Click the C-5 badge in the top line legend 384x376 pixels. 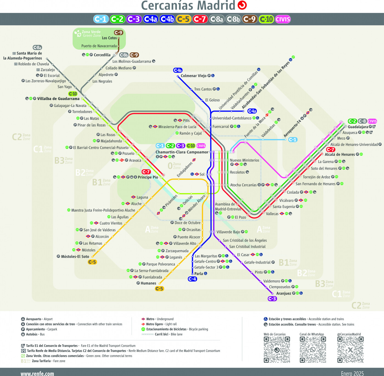tap(184, 19)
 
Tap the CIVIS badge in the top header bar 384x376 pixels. tap(283, 19)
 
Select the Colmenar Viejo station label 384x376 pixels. tap(194, 76)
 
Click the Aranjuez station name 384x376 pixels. tap(284, 293)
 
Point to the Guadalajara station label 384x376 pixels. tap(358, 127)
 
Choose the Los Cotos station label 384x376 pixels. tap(110, 38)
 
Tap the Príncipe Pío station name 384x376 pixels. tap(148, 177)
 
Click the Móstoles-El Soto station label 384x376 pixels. tap(75, 256)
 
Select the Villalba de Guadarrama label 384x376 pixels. tap(58, 98)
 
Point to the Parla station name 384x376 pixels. tap(198, 274)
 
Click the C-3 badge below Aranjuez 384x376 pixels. tap(272, 299)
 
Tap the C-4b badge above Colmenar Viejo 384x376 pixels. tap(178, 70)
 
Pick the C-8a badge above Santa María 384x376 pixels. tap(37, 48)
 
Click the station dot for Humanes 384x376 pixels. tap(159, 284)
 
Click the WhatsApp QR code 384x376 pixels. tap(313, 349)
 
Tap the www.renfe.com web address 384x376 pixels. tap(37, 374)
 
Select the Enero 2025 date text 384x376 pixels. tap(352, 374)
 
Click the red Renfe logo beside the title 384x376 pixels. tap(242, 5)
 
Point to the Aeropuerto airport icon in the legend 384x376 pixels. tap(23, 319)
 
